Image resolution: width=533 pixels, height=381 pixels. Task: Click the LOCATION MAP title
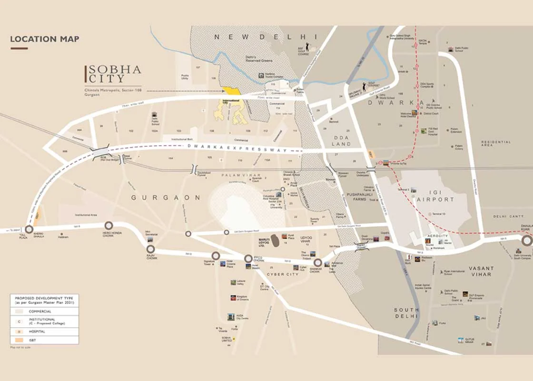point(45,39)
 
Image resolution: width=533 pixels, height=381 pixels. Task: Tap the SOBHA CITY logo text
point(114,74)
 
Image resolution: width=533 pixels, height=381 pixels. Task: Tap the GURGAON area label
point(166,197)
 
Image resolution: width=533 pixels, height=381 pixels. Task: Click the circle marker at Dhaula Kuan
point(527,241)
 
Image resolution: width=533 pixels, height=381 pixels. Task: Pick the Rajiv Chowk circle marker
point(151,249)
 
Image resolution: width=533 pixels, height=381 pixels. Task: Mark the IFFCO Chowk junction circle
point(248,259)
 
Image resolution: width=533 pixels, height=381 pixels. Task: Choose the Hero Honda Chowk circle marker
point(109,225)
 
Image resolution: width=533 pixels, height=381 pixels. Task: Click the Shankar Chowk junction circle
point(317,262)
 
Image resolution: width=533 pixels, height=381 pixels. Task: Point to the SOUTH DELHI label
point(406,313)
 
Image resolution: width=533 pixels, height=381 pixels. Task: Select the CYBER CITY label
point(282,274)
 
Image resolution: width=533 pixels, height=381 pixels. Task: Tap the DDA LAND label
point(341,140)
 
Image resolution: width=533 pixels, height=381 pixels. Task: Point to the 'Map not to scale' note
point(20,348)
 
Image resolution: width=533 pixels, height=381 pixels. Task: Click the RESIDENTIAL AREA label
point(496,143)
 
